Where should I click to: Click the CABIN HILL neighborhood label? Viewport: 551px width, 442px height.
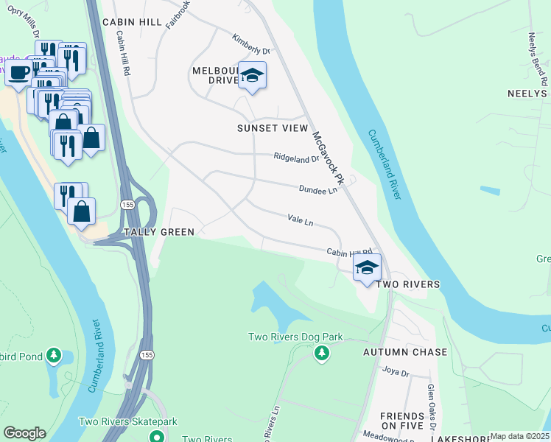pos(132,22)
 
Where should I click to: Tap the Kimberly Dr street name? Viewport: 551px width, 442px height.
pos(251,44)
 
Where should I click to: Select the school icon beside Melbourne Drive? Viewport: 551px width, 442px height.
pos(252,76)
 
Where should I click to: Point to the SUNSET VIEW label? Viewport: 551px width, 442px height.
pos(272,127)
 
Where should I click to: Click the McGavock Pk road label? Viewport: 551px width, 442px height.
pos(329,158)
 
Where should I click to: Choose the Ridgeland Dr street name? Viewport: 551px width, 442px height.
pos(296,158)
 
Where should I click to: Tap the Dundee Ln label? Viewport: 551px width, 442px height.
pos(317,189)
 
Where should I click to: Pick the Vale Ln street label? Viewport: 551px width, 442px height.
pos(300,221)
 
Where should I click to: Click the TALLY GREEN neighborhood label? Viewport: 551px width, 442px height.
pos(158,232)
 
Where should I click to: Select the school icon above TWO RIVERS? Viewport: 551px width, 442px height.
pos(366,268)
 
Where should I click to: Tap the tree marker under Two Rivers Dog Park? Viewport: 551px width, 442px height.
pos(321,354)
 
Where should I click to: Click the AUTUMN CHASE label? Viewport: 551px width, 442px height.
pos(404,352)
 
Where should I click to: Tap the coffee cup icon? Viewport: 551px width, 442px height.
pos(19,73)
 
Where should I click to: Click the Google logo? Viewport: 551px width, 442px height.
pos(24,432)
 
